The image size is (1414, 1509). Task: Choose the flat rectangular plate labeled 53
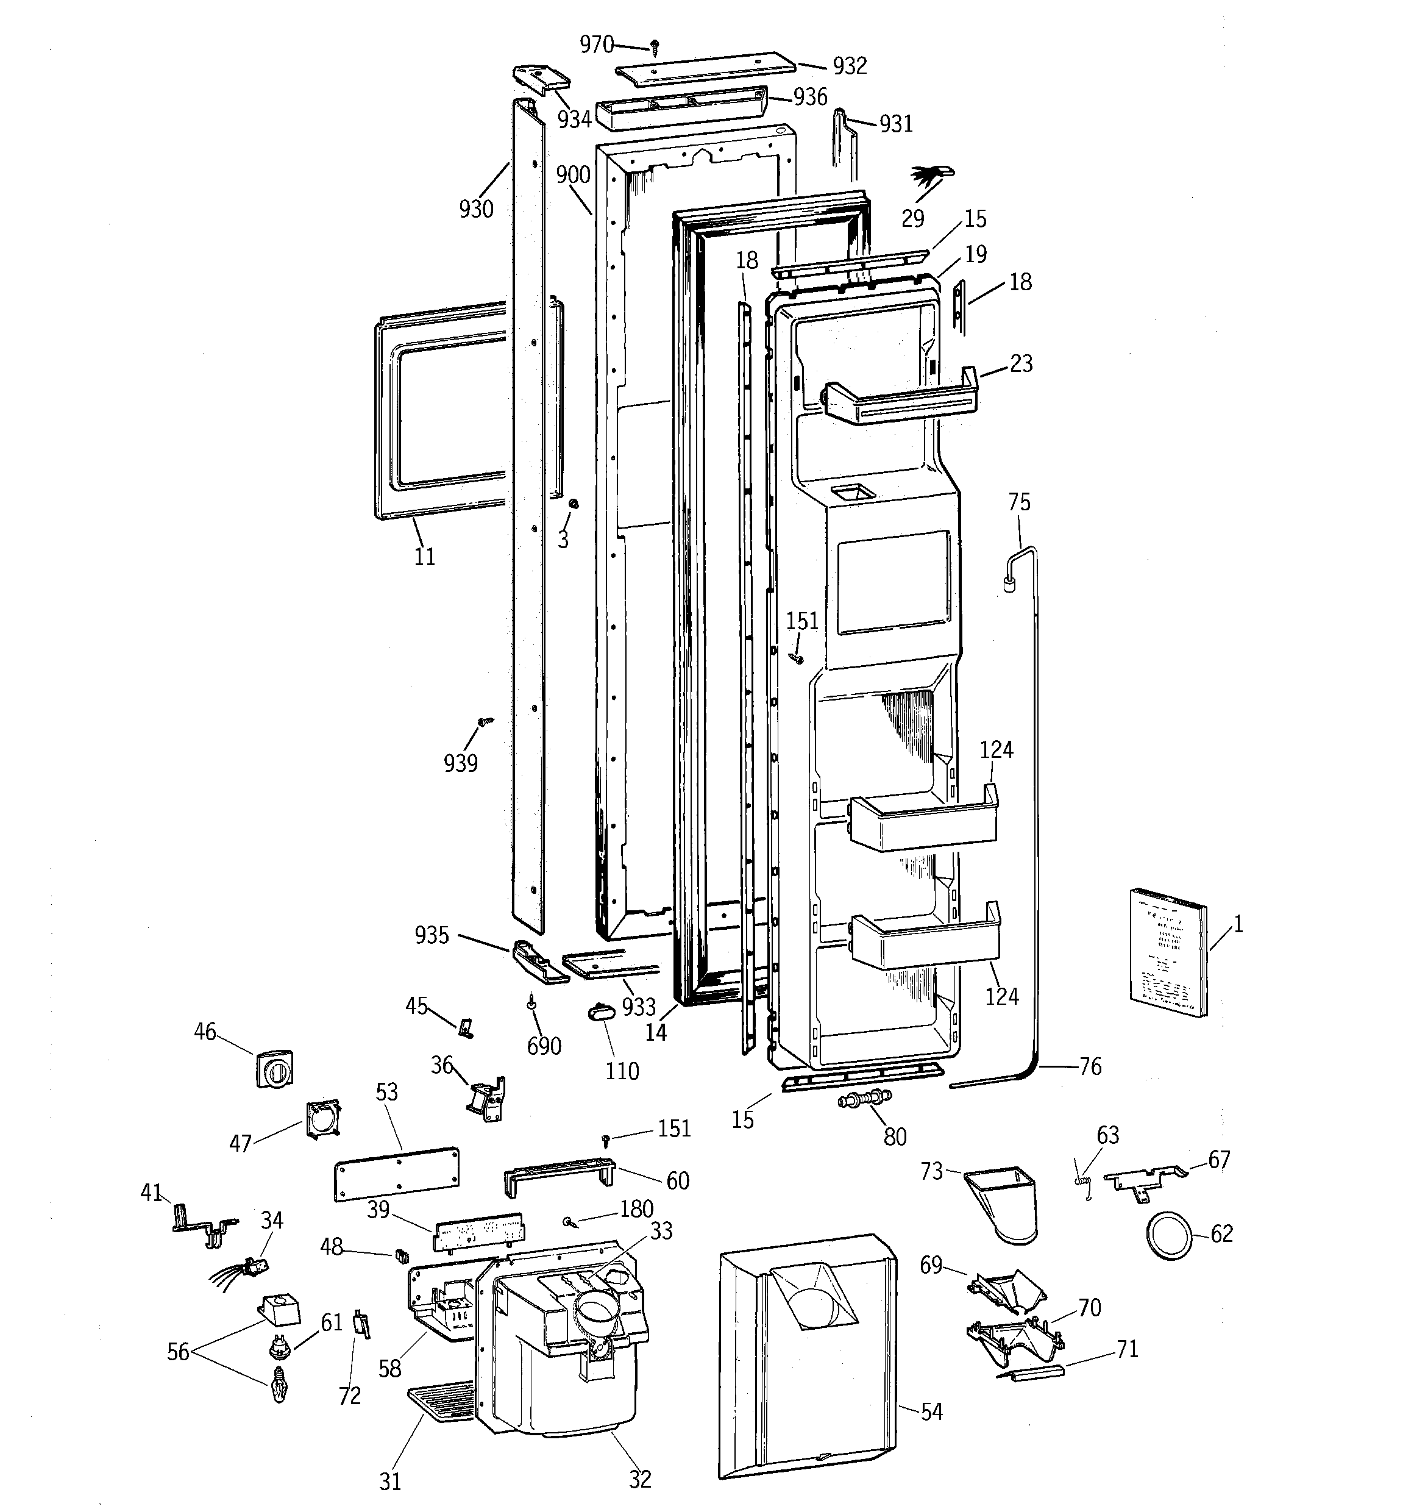(396, 1174)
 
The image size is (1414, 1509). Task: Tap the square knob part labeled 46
(275, 1069)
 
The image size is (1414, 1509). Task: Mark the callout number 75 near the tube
(1019, 502)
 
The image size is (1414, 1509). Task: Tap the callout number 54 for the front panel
(931, 1412)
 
